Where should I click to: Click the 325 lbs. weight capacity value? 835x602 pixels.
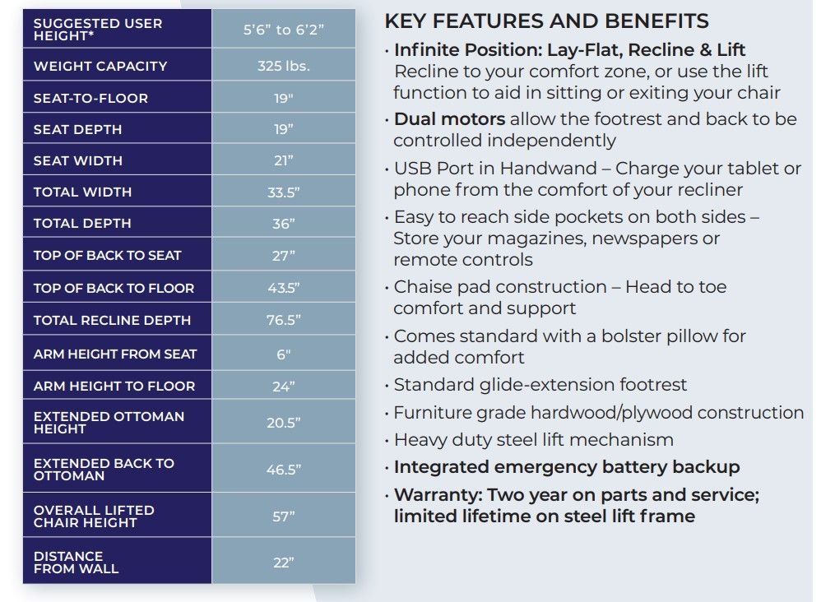[x=283, y=66]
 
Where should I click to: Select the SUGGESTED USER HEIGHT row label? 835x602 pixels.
[x=98, y=30]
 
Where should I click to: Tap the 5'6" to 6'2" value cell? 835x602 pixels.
[x=283, y=30]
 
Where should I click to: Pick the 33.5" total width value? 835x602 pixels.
[x=283, y=192]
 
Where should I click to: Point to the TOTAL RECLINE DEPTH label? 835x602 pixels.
[x=112, y=320]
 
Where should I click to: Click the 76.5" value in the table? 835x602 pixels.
[x=283, y=320]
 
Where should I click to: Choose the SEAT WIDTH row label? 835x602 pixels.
[x=77, y=160]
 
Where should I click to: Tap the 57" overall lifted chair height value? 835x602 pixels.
[x=283, y=516]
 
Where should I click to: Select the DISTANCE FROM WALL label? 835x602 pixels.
[x=76, y=563]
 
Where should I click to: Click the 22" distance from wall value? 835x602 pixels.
[x=283, y=563]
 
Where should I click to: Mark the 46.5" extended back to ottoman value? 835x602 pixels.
[x=283, y=470]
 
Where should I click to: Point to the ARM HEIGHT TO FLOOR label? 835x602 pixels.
[x=114, y=386]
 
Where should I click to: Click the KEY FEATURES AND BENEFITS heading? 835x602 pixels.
[x=546, y=21]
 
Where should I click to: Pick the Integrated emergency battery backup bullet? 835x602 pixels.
[x=567, y=467]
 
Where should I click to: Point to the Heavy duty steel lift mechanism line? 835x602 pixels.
[x=533, y=440]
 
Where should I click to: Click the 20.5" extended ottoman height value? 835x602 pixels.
[x=283, y=423]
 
